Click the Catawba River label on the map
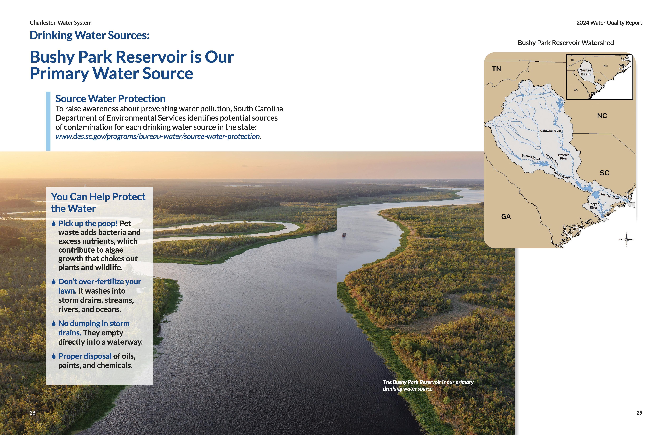(x=551, y=131)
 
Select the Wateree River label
(x=564, y=157)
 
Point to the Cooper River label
(x=593, y=206)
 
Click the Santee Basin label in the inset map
(x=586, y=72)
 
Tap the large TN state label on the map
(x=496, y=69)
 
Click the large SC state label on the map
(x=605, y=173)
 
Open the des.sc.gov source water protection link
(x=158, y=136)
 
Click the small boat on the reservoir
(x=344, y=235)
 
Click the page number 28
(x=32, y=413)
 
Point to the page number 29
(x=639, y=413)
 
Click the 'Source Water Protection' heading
(x=110, y=99)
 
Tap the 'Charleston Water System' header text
(x=61, y=23)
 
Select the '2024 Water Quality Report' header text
(x=609, y=23)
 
